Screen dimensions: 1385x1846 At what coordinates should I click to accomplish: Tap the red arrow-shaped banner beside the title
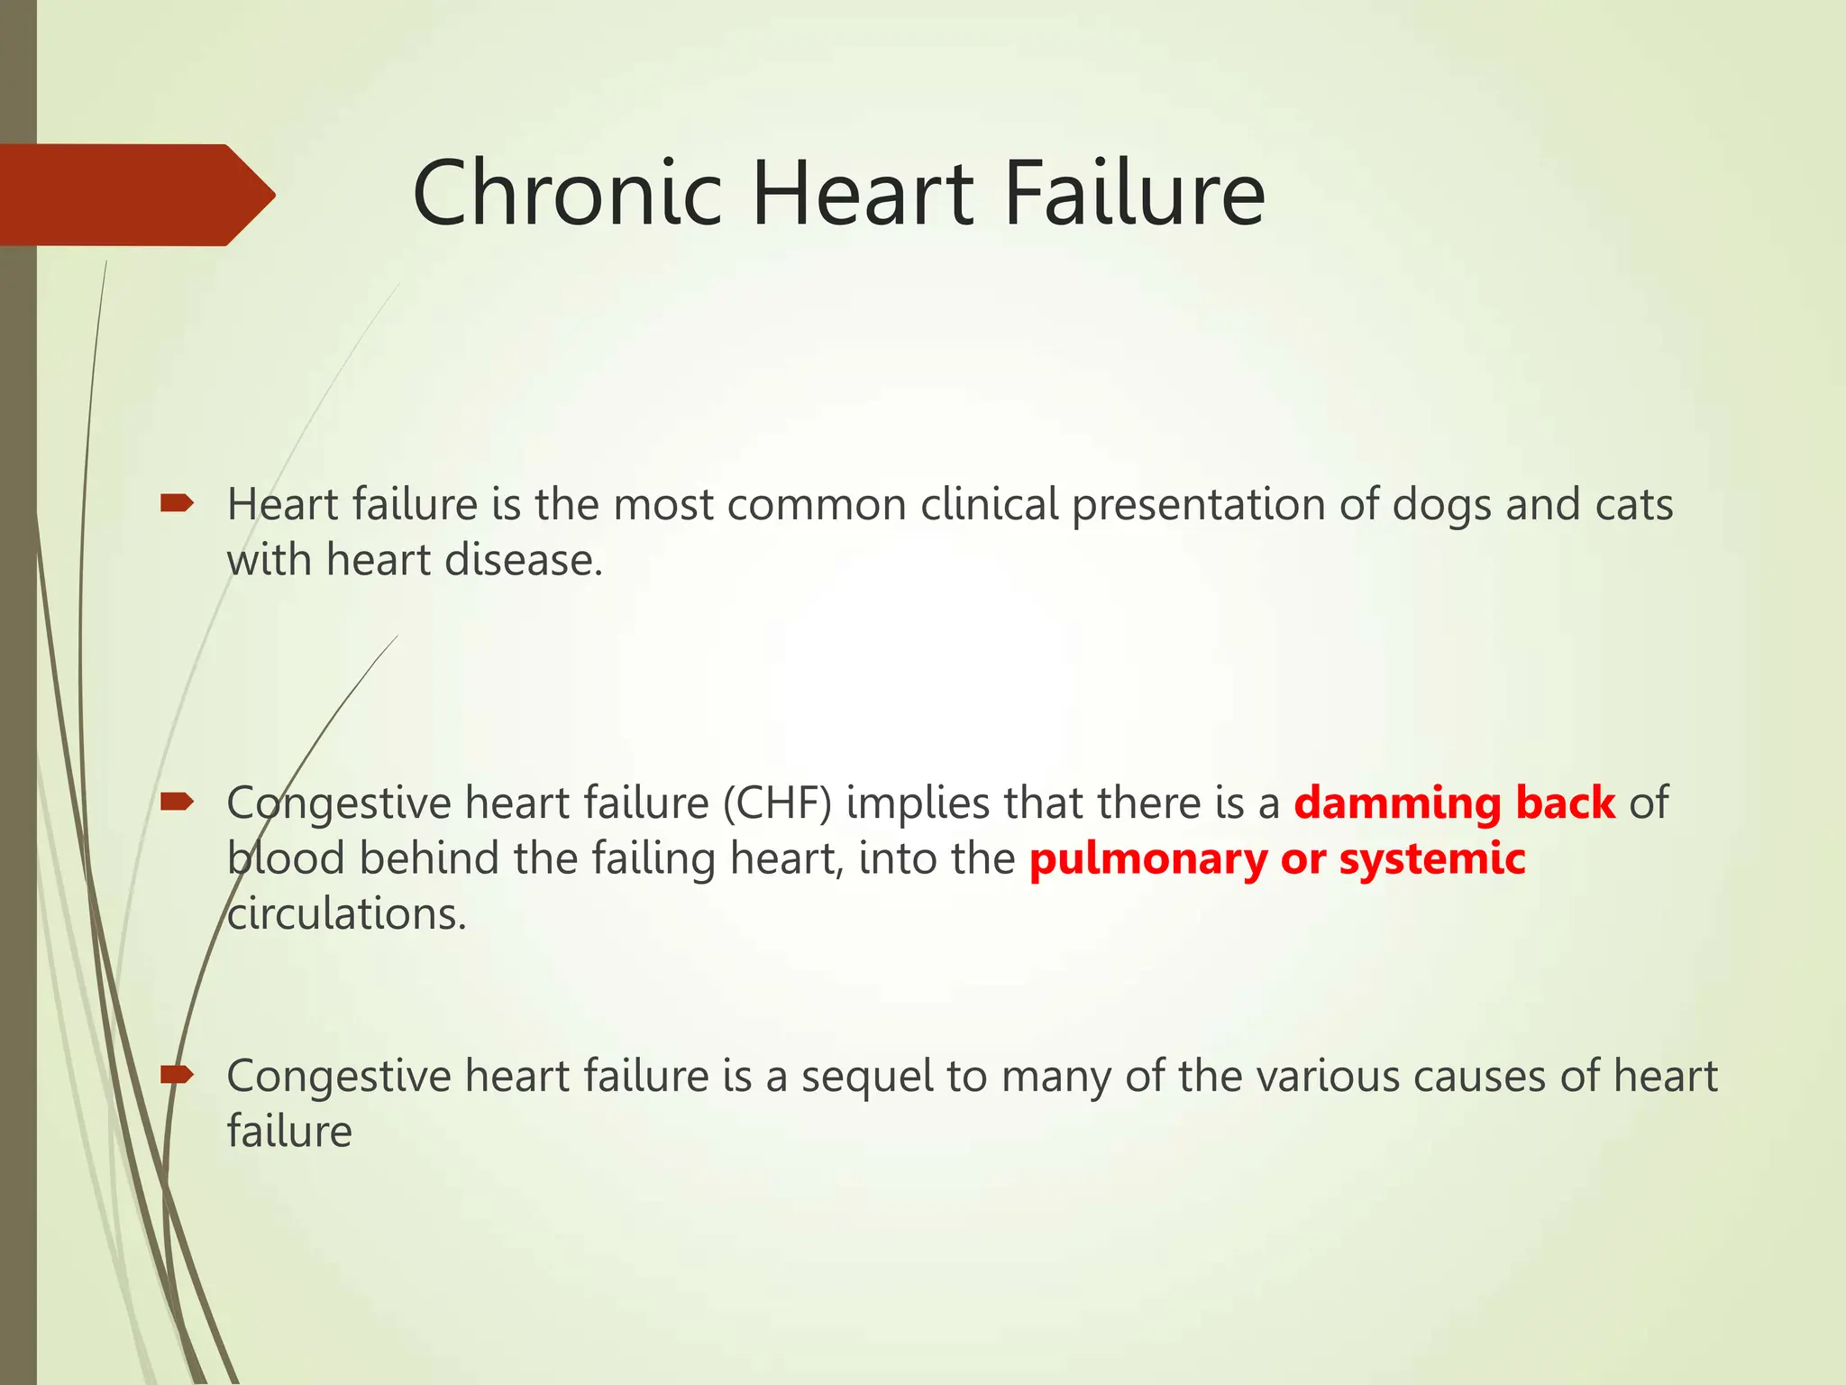point(135,195)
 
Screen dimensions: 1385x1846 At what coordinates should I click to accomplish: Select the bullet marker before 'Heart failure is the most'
point(177,503)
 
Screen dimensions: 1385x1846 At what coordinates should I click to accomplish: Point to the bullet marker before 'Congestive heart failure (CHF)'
point(177,802)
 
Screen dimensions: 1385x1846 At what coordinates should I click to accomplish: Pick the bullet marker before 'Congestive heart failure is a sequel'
point(177,1074)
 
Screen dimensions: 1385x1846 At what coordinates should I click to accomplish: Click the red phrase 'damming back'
point(1454,803)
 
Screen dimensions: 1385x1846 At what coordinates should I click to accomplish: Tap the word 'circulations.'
point(346,914)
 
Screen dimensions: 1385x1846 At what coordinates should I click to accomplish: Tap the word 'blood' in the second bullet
point(286,858)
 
